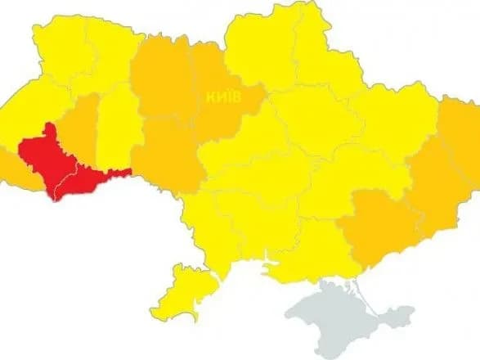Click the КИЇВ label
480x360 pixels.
tap(223, 95)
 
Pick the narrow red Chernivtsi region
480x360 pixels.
tap(86, 178)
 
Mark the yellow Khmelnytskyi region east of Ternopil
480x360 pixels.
tap(114, 123)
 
